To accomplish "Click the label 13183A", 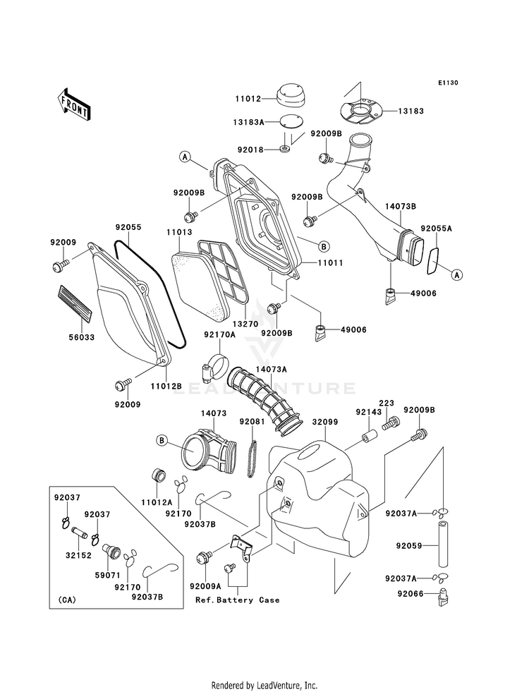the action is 249,122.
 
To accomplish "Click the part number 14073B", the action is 401,206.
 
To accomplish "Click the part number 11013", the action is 179,232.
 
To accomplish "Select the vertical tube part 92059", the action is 442,544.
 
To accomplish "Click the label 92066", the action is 410,593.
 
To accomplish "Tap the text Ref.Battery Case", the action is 238,600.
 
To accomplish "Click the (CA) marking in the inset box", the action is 66,600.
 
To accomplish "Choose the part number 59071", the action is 108,576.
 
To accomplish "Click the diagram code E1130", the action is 448,83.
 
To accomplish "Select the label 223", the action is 387,403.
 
